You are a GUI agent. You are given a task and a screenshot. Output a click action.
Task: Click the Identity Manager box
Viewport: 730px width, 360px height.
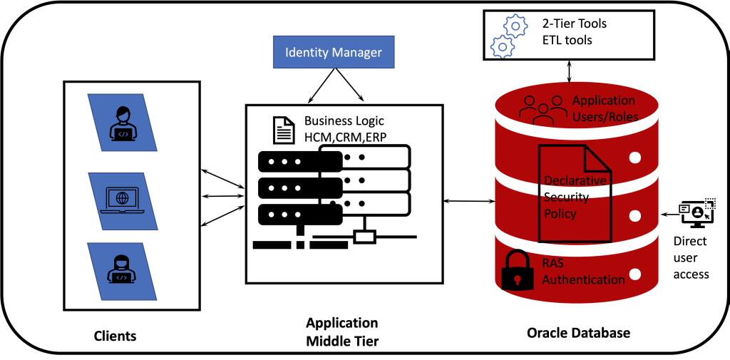tap(334, 53)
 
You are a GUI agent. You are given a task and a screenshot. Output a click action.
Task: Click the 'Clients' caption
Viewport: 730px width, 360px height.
tap(115, 334)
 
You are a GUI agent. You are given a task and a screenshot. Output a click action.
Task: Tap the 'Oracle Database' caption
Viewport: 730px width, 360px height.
tap(578, 333)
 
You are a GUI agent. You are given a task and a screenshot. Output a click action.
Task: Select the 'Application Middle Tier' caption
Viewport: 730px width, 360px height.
tap(342, 332)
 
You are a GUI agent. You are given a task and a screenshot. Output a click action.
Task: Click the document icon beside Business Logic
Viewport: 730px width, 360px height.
tap(284, 130)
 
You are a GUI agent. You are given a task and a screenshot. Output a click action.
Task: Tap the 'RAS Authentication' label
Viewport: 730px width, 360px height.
tap(583, 272)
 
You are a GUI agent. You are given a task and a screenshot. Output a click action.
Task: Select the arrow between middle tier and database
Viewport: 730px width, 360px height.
tap(468, 202)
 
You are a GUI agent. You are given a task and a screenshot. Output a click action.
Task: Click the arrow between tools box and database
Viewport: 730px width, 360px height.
tap(569, 72)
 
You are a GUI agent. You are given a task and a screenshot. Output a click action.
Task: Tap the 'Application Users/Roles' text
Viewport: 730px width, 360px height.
tap(603, 108)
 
